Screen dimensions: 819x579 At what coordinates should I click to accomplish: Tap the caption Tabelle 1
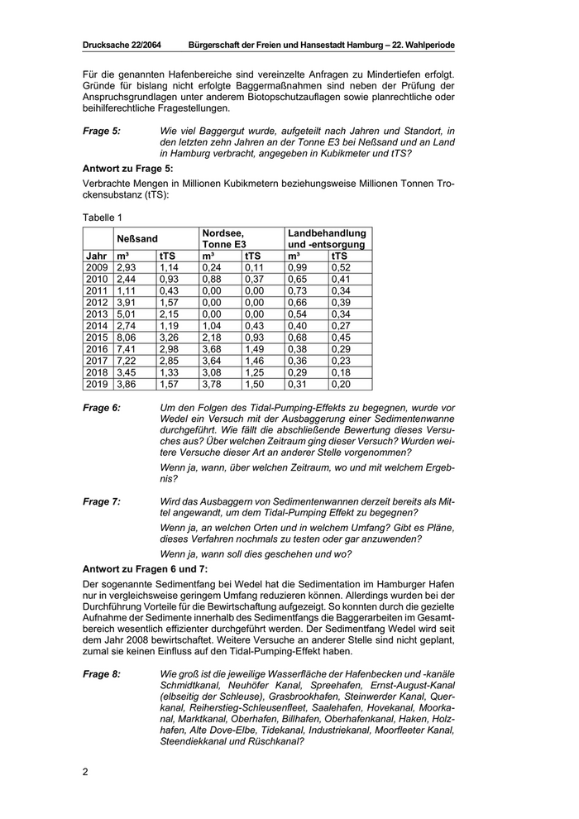click(x=103, y=217)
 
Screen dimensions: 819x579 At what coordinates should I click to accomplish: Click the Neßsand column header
click(x=136, y=239)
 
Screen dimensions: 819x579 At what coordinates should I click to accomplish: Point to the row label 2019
click(x=97, y=384)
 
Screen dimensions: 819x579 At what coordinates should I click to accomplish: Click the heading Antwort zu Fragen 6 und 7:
click(x=146, y=569)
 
